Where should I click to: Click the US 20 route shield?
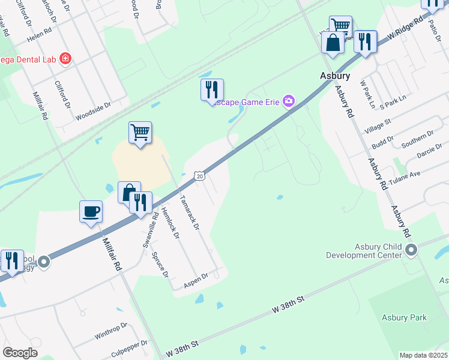200,175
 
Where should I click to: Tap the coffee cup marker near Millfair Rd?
91,211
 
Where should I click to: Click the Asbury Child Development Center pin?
411,249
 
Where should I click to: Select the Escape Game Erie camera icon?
289,100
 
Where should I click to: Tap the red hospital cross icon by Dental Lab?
65,59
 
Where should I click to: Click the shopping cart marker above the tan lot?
140,131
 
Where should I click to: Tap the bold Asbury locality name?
334,76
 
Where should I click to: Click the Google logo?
20,353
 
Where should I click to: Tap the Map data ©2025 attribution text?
424,355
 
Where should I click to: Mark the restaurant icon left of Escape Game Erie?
211,90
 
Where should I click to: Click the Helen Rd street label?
41,37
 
